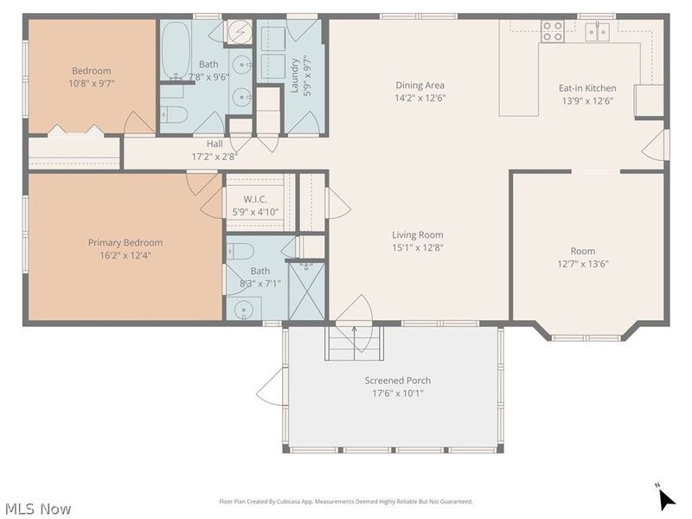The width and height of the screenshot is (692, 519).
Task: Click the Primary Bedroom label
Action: (125, 242)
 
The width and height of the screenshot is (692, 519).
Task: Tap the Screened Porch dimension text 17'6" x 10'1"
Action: (398, 394)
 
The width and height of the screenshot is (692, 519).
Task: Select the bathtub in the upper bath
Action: (176, 50)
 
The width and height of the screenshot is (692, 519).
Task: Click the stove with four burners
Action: (553, 31)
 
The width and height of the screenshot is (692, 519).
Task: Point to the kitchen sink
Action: (597, 31)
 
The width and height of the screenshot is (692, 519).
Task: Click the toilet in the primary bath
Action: (240, 252)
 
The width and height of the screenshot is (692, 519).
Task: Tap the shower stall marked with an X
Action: (306, 292)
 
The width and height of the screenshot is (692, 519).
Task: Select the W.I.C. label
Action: (255, 200)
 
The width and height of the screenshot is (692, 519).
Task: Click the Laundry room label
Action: (295, 76)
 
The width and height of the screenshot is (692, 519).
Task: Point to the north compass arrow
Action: (665, 499)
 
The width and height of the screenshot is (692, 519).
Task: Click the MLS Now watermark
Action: (38, 509)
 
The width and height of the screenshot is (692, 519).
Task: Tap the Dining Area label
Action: (420, 85)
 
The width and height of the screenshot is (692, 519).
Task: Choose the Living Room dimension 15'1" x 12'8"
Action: (418, 247)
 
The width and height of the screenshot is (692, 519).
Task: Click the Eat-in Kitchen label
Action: (587, 88)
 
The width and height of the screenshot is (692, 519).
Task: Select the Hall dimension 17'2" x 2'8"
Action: (215, 157)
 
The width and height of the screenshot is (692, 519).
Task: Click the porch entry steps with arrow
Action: (354, 343)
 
